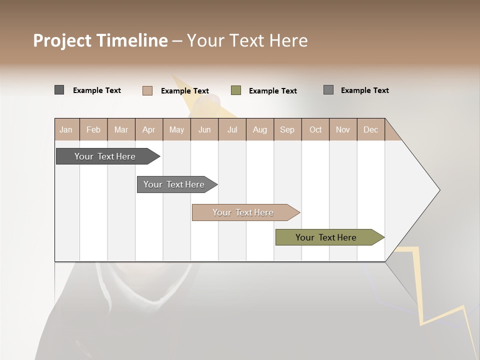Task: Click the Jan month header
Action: (66, 129)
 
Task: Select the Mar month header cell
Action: (121, 129)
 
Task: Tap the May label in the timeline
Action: (176, 129)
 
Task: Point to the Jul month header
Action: (232, 129)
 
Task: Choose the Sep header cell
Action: (287, 129)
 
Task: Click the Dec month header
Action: (370, 129)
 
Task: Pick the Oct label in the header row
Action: (315, 129)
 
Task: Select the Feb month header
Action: (93, 129)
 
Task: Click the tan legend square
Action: (147, 90)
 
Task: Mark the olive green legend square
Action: (236, 90)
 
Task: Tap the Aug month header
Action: (259, 129)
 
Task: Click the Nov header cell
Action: (342, 129)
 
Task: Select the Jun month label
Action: (204, 129)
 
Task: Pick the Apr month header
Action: (148, 129)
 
